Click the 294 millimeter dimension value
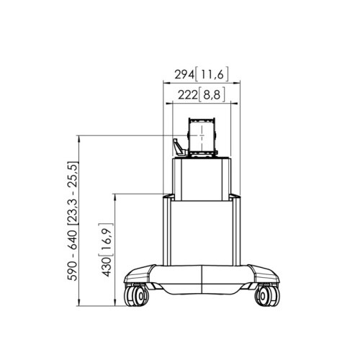[184, 74]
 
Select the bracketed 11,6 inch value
[212, 74]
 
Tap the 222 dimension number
[187, 95]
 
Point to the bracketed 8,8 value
[212, 95]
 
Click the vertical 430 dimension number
[106, 267]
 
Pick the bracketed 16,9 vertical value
[106, 240]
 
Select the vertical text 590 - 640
[72, 255]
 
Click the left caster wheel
[136, 295]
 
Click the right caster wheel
[267, 295]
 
